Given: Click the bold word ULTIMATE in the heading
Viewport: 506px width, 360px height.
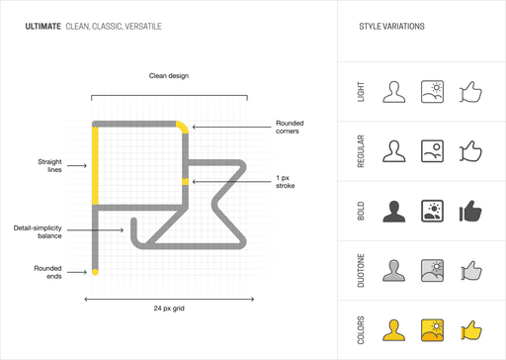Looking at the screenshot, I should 42,26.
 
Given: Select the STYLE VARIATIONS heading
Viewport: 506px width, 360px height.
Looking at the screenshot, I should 391,26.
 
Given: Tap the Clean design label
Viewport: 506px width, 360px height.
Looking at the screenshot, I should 168,75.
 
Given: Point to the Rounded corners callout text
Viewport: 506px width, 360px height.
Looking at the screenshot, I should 289,127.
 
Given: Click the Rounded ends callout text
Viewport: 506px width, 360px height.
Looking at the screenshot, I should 47,272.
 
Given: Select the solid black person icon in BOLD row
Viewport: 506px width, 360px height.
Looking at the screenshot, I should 395,211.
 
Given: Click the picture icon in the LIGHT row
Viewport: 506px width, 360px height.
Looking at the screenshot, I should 432,92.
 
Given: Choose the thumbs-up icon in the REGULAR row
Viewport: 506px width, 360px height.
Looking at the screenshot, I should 469,151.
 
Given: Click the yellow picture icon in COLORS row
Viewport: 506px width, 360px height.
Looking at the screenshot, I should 432,328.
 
